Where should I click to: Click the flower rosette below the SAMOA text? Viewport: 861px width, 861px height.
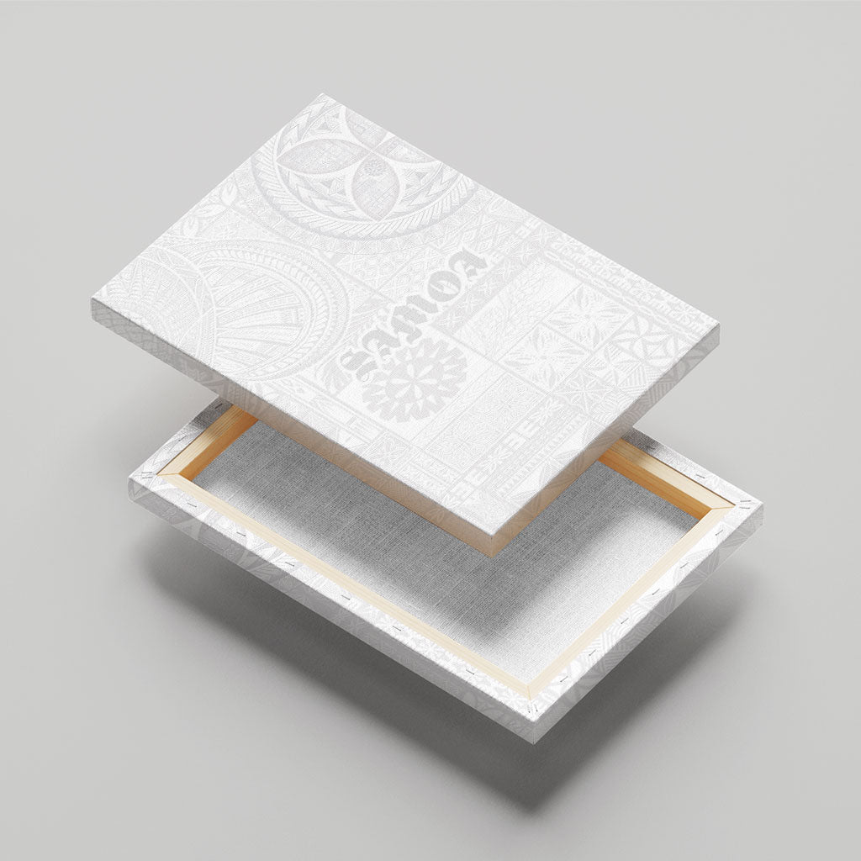click(415, 380)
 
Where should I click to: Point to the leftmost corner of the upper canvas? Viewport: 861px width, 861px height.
click(92, 300)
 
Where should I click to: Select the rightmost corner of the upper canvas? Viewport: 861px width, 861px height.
click(718, 325)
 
